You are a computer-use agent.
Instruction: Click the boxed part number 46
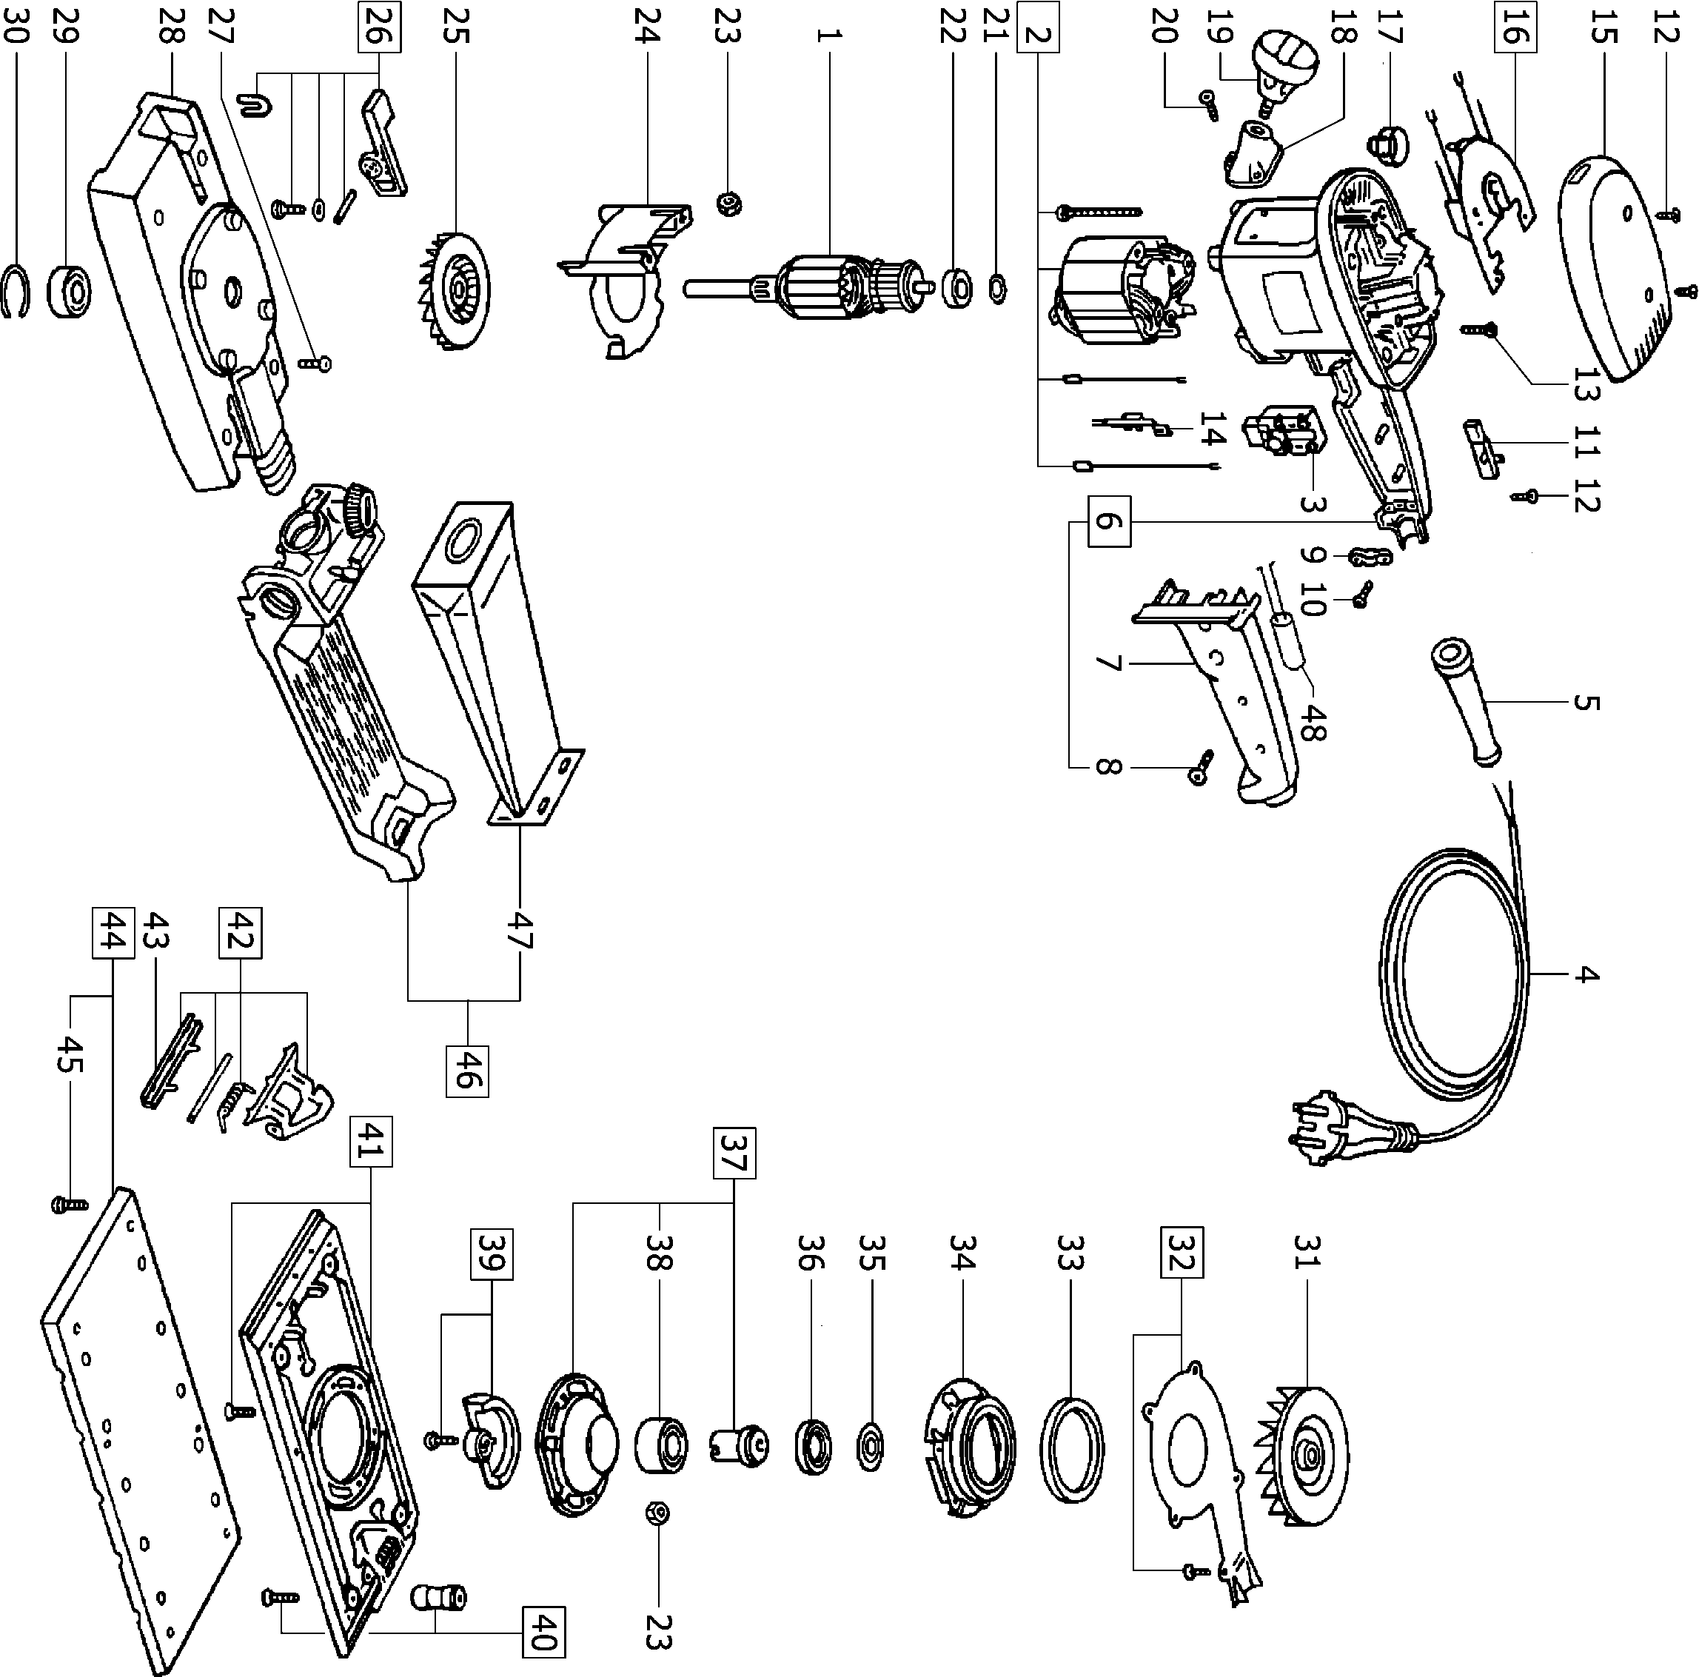pyautogui.click(x=467, y=1069)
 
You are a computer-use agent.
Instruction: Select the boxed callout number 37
pyautogui.click(x=734, y=1153)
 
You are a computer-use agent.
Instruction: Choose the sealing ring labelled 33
pyautogui.click(x=1072, y=1449)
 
